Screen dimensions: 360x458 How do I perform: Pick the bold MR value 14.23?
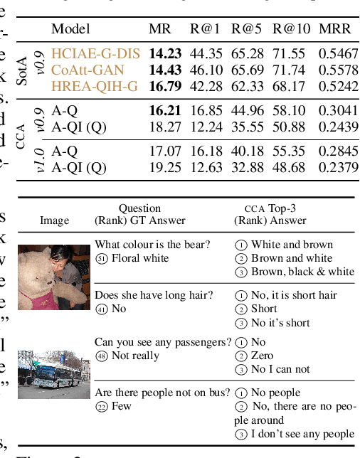pyautogui.click(x=164, y=53)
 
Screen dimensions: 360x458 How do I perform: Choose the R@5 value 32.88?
pyautogui.click(x=246, y=167)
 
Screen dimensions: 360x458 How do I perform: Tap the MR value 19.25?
pyautogui.click(x=164, y=167)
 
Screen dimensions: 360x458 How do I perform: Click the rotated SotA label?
pyautogui.click(x=23, y=70)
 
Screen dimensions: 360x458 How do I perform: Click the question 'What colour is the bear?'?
pyautogui.click(x=152, y=245)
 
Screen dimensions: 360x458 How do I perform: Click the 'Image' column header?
pyautogui.click(x=54, y=220)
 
